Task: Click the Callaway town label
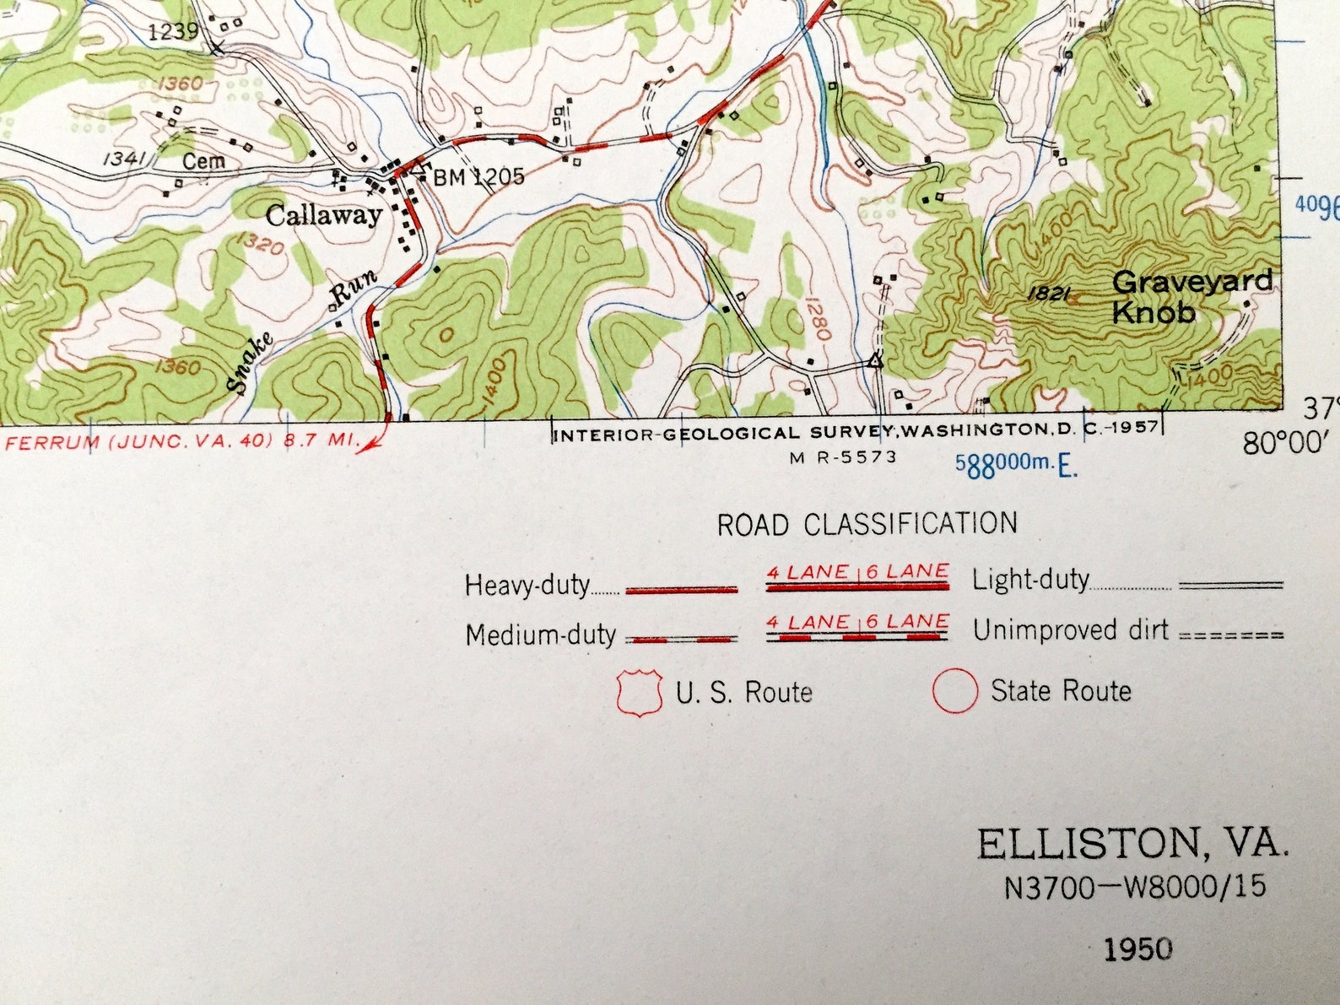click(324, 215)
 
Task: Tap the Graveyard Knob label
click(1191, 296)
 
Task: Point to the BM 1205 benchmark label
click(478, 176)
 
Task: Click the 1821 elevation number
click(1050, 294)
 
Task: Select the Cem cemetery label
click(203, 160)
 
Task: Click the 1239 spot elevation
click(173, 32)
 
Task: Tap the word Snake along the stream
click(251, 364)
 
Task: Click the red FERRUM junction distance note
click(182, 440)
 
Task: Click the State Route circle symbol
click(954, 691)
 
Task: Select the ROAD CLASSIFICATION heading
click(867, 524)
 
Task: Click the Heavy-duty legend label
click(527, 585)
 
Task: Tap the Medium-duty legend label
click(540, 635)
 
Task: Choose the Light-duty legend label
click(1030, 580)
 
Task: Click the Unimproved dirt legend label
click(1071, 630)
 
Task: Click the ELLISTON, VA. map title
click(1132, 844)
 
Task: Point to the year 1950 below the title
click(1137, 949)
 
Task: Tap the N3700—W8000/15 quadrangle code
click(1135, 886)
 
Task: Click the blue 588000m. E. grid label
click(1016, 464)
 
